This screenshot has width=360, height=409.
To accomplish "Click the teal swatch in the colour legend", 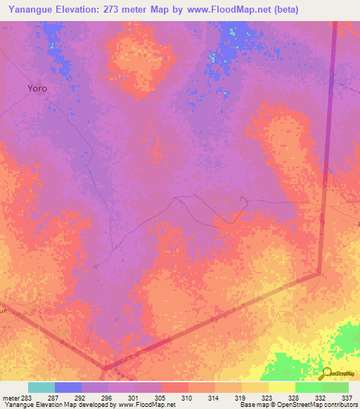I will [41, 387].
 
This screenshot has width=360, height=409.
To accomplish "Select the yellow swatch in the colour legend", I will [281, 387].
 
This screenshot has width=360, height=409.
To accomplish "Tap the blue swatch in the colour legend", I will [68, 387].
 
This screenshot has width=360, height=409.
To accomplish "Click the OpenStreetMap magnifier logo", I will [326, 374].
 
